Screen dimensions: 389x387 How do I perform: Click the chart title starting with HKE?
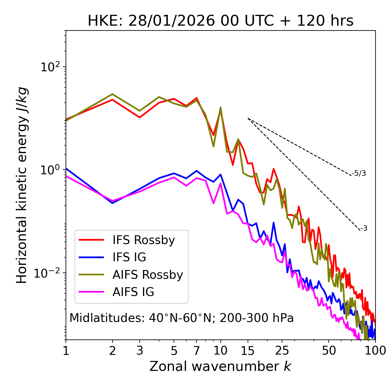click(x=220, y=21)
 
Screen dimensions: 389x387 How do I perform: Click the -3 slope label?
click(x=364, y=229)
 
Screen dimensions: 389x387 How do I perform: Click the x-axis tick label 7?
click(x=197, y=350)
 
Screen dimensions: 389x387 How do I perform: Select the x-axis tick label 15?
click(x=248, y=350)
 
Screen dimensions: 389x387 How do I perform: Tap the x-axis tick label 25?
click(x=282, y=350)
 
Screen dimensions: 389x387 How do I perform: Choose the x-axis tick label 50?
click(x=329, y=350)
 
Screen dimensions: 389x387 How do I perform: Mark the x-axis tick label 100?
click(x=375, y=350)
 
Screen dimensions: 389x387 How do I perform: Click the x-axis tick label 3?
click(x=139, y=350)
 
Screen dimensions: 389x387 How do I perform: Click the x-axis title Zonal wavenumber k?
click(x=220, y=366)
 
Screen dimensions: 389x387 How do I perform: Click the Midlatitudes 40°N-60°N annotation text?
click(x=181, y=318)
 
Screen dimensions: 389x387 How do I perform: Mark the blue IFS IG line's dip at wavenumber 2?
click(x=112, y=203)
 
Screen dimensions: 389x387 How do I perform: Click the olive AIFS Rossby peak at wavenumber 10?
click(x=220, y=107)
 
